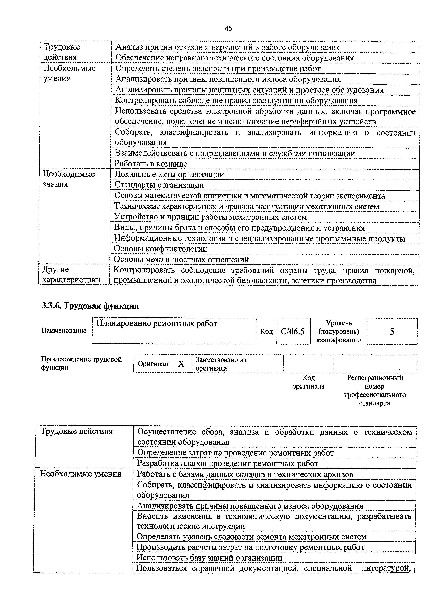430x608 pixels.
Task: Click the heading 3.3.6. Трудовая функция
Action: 90,306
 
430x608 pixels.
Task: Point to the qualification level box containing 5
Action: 392,331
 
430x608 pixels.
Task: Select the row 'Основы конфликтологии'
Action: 161,249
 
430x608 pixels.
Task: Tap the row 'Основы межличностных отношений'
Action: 181,259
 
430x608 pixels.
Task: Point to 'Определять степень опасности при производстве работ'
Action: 218,69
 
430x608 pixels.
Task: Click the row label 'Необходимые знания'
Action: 69,179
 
